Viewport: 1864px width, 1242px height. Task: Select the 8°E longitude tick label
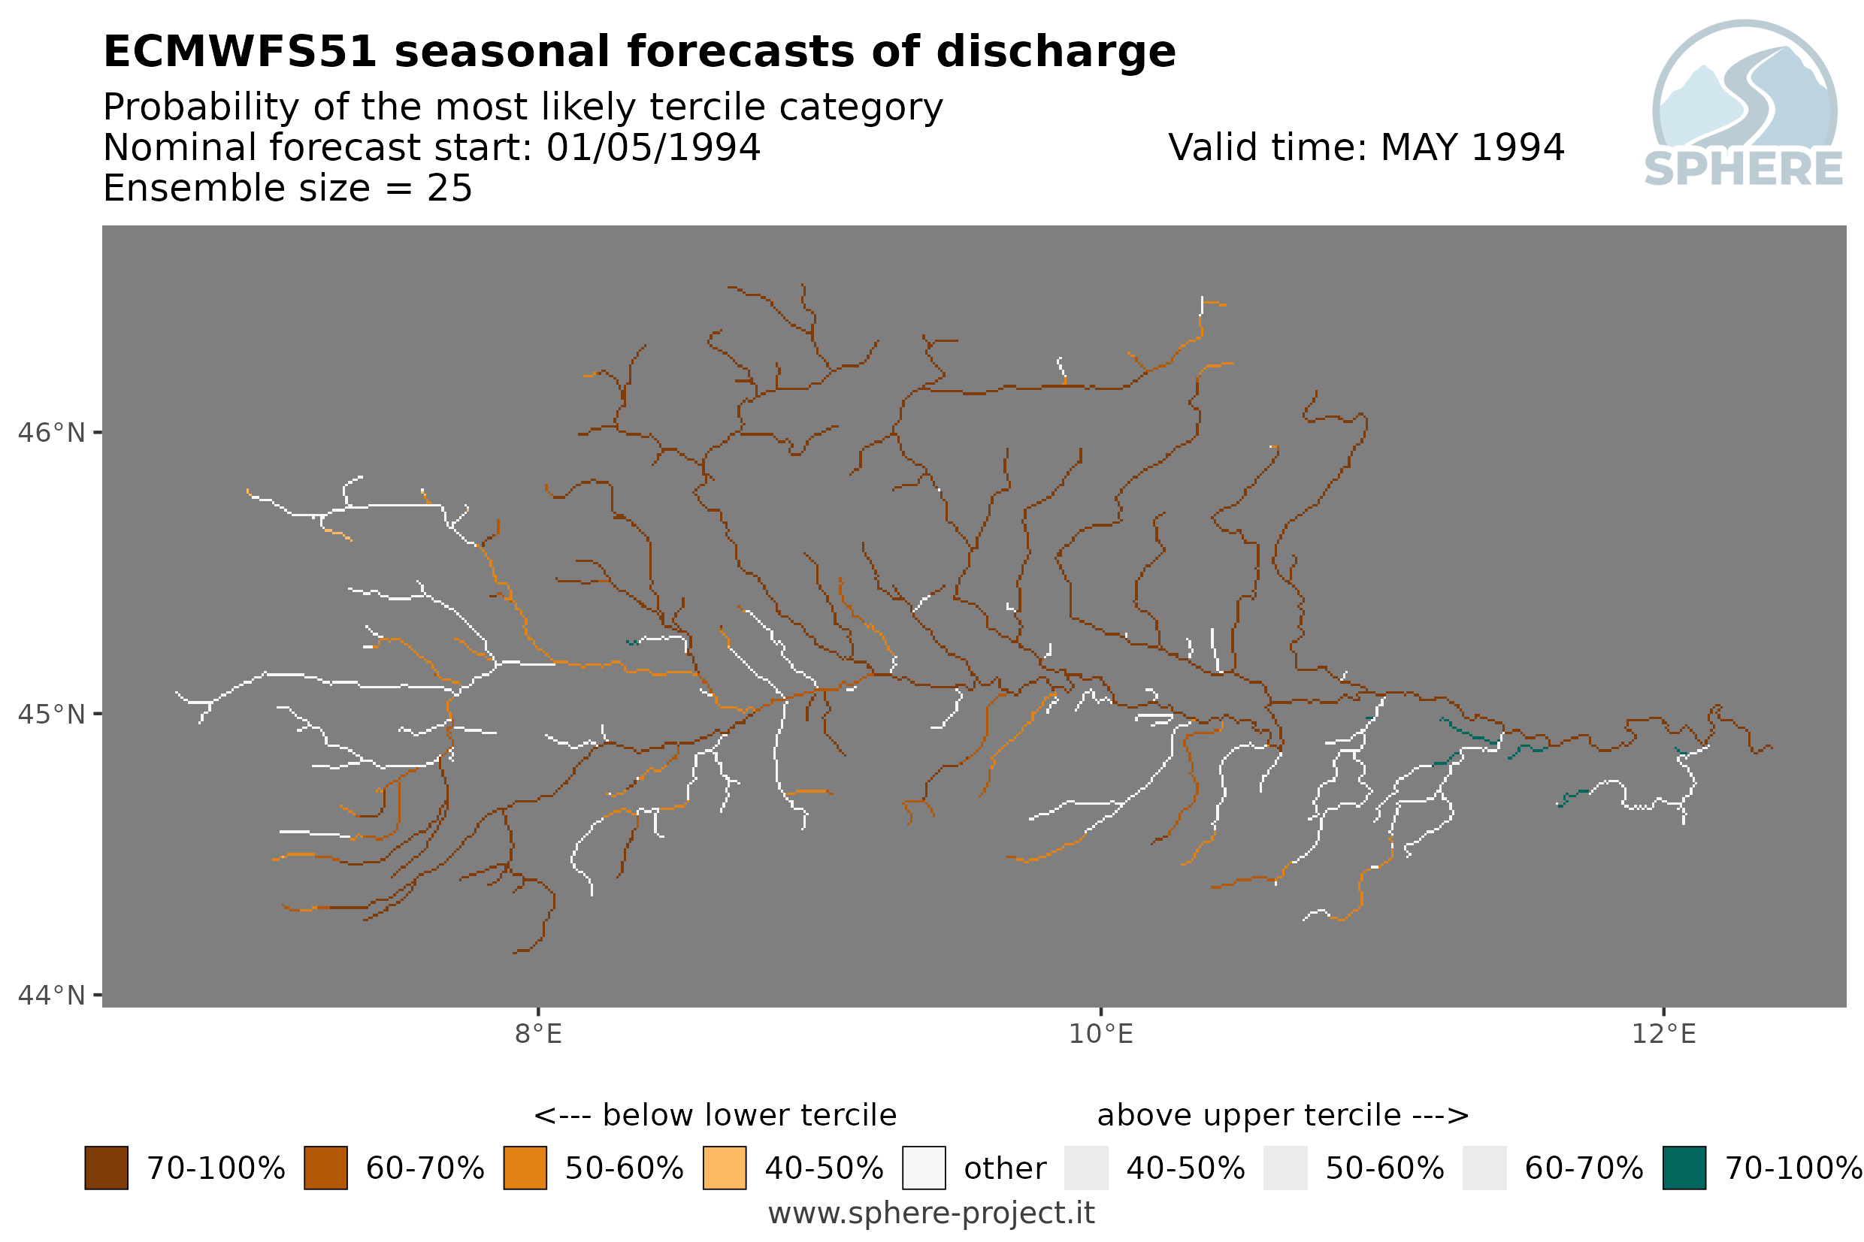coord(538,1034)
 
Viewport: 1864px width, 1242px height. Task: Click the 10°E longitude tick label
coord(1100,1034)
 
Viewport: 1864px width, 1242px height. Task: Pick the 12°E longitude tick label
coord(1663,1034)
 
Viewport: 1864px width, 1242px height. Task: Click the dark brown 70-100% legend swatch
coord(106,1168)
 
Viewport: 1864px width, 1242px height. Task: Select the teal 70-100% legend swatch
coord(1684,1168)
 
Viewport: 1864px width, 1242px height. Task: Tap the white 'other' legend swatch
coord(923,1168)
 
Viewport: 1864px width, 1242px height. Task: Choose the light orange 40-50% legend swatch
coord(724,1168)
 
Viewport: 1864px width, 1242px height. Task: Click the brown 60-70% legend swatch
coord(325,1168)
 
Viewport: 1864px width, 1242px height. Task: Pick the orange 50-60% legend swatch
coord(525,1168)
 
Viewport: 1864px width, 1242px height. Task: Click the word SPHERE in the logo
coord(1743,169)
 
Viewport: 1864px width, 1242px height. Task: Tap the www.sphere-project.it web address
coord(930,1213)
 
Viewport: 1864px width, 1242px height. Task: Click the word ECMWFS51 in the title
coord(240,53)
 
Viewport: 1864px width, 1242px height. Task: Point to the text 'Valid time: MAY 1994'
coord(1366,147)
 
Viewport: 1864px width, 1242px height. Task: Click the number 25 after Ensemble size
coord(449,189)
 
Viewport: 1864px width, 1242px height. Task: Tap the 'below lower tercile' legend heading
coord(715,1114)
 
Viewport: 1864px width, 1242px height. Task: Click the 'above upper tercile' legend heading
coord(1282,1115)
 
